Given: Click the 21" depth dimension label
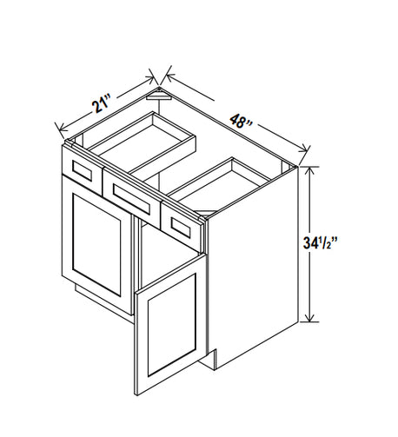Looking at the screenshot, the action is (102, 105).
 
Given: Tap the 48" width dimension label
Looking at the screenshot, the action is (241, 122).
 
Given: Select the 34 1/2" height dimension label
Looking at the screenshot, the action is (320, 243).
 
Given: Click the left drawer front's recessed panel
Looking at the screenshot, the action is (83, 171).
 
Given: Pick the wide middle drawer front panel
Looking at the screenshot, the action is (132, 200).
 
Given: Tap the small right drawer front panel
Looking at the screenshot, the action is (181, 228).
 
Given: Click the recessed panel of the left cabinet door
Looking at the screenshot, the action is (96, 245).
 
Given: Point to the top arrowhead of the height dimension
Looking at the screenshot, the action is (309, 171).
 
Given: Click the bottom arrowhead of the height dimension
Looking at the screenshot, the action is (309, 318).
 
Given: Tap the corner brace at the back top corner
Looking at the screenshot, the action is (158, 95).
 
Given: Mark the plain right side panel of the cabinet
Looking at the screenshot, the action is (253, 268).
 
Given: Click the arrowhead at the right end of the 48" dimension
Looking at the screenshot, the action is (304, 149).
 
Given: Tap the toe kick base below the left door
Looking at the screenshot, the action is (104, 301).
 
